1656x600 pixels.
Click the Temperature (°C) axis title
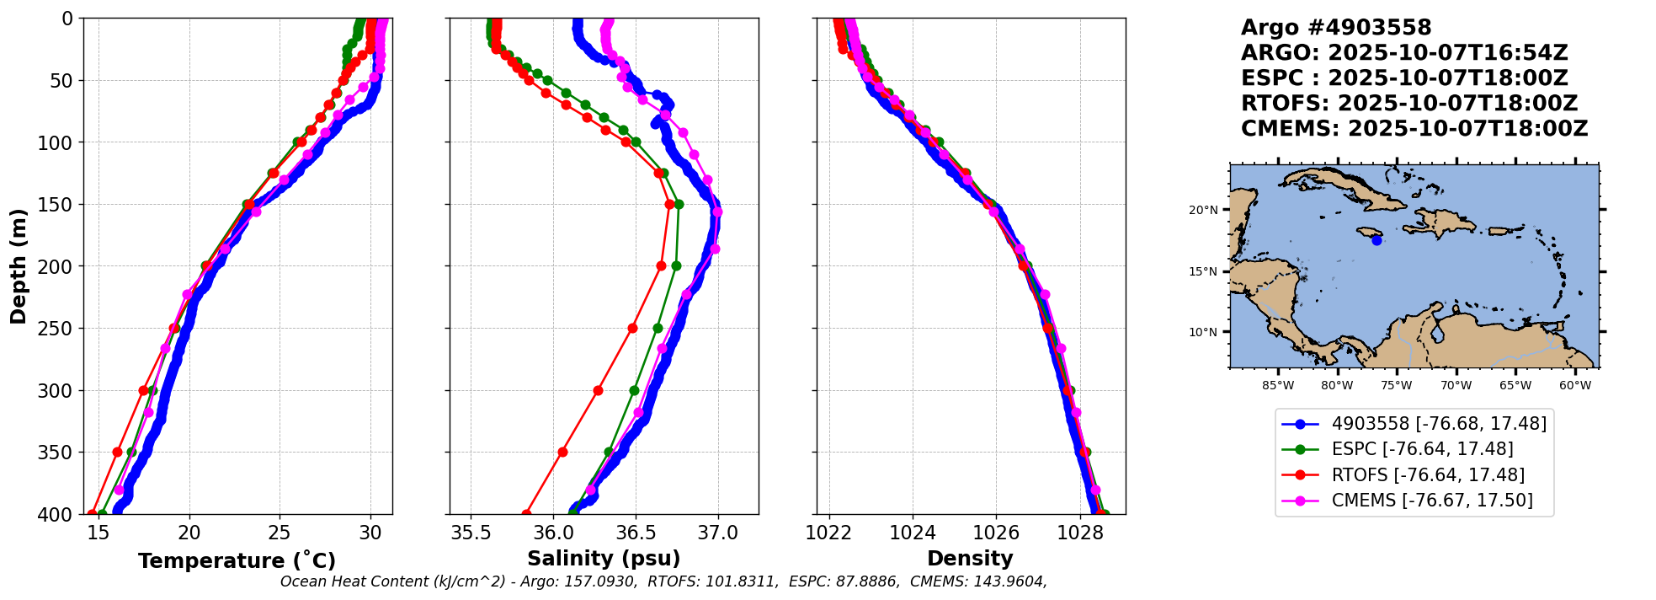pyautogui.click(x=237, y=560)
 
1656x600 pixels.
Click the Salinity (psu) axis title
pyautogui.click(x=604, y=559)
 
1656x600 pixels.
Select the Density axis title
pyautogui.click(x=970, y=559)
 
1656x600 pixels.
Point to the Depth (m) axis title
pyautogui.click(x=19, y=266)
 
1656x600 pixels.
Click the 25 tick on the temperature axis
pyautogui.click(x=280, y=533)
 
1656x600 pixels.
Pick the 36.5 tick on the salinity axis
pyautogui.click(x=636, y=533)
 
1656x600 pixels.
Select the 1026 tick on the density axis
pyautogui.click(x=996, y=533)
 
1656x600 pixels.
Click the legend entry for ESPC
pyautogui.click(x=1414, y=449)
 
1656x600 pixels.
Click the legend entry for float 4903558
pyautogui.click(x=1414, y=424)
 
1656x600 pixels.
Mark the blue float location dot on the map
pyautogui.click(x=1376, y=240)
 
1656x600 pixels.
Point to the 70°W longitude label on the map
pyautogui.click(x=1456, y=386)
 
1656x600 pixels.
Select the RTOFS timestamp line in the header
pyautogui.click(x=1409, y=104)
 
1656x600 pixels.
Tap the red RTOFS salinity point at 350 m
pyautogui.click(x=562, y=453)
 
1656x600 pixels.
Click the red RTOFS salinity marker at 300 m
pyautogui.click(x=598, y=390)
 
